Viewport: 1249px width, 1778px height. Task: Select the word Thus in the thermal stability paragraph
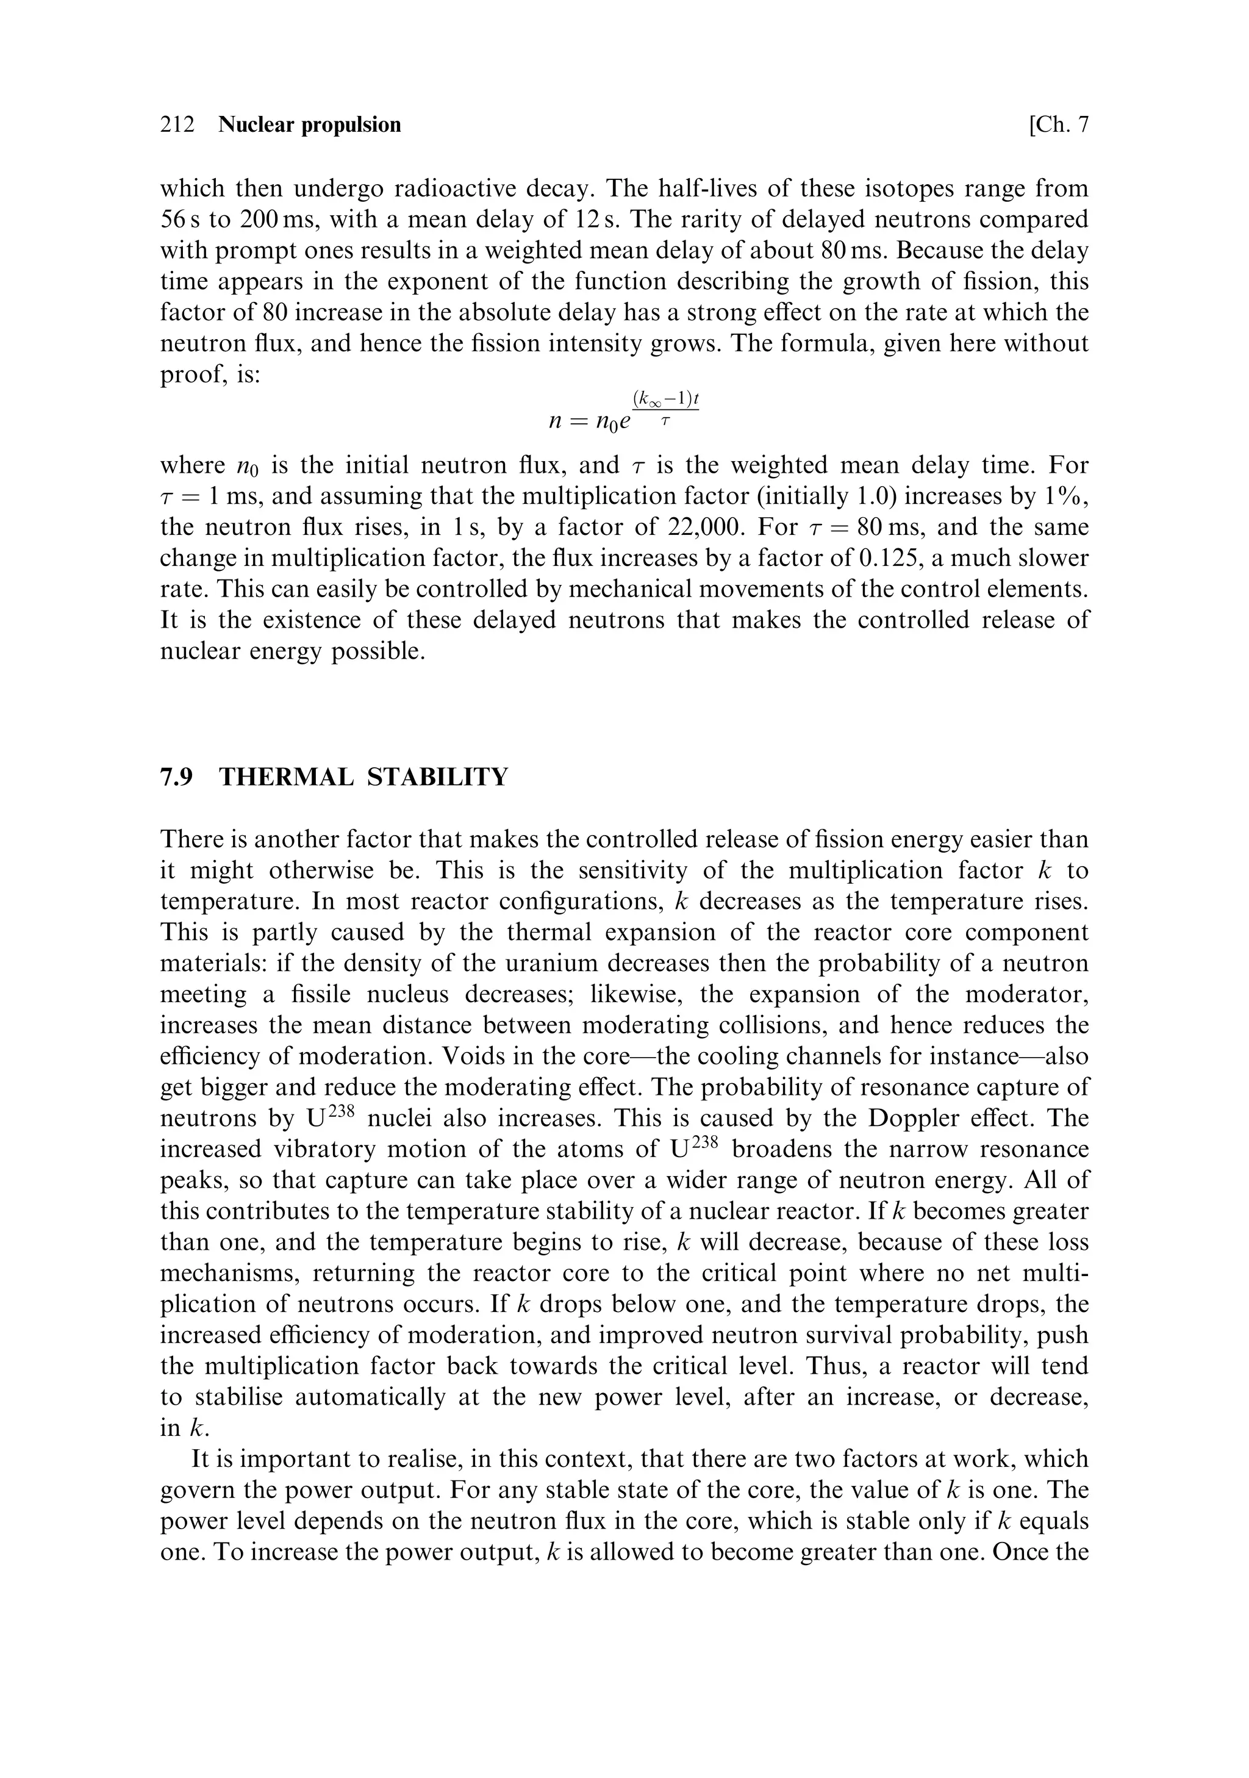(x=833, y=1366)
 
